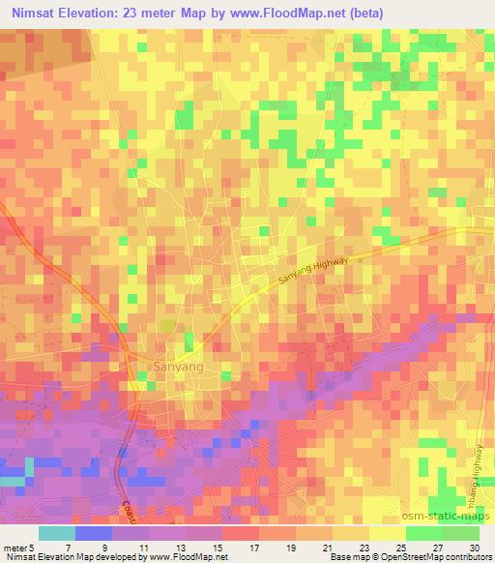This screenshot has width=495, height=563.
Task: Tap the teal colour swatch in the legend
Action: pyautogui.click(x=56, y=533)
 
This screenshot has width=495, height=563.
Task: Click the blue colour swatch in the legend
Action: pyautogui.click(x=93, y=533)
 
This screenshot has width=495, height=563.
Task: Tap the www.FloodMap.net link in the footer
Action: pyautogui.click(x=188, y=557)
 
